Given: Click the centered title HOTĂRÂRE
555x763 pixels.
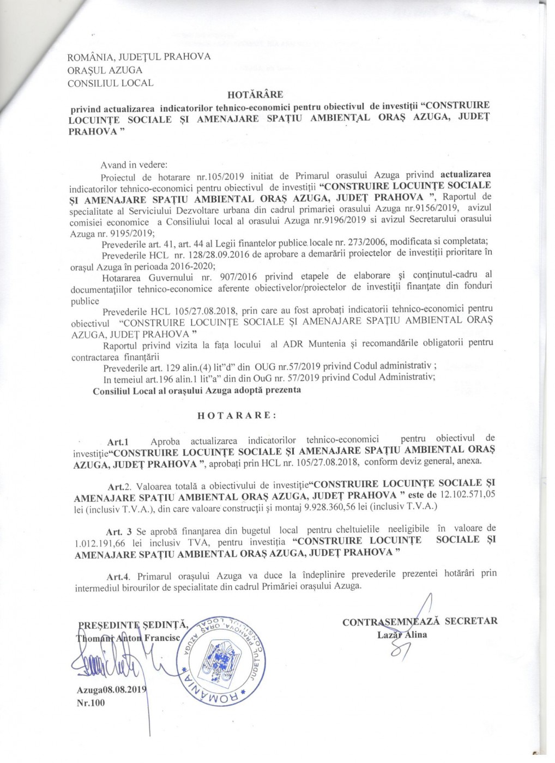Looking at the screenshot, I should click(255, 94).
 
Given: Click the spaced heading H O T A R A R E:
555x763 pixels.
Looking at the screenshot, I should click(237, 415).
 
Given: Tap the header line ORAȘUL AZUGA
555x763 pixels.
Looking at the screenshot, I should click(105, 70).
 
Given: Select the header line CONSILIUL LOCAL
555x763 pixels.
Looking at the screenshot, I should click(110, 83).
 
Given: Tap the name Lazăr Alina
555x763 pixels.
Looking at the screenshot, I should click(402, 634).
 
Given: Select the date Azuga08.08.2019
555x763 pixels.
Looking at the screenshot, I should click(112, 689).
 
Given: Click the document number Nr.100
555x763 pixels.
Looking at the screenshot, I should click(91, 703).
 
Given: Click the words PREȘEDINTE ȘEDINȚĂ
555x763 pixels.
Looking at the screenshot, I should click(134, 625).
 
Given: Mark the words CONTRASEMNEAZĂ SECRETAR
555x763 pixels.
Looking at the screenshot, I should click(420, 621).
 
